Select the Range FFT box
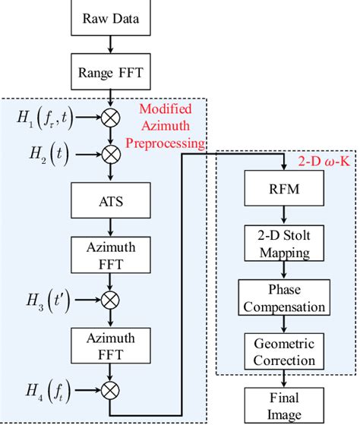(111, 74)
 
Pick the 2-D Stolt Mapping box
(283, 244)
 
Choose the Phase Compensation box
(283, 299)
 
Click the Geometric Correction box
(283, 351)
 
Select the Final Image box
(283, 406)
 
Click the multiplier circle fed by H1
(111, 119)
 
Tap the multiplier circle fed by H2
(111, 155)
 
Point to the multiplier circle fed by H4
(111, 391)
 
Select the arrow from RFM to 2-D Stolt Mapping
(283, 215)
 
